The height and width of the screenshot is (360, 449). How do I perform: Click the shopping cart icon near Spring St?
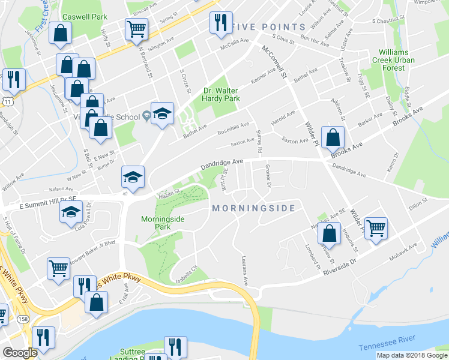coord(137,28)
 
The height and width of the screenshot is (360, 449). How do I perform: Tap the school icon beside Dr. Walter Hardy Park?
coord(162,114)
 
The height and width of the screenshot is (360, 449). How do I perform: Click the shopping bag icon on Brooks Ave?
coord(333,137)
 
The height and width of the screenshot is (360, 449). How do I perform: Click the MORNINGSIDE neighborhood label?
coord(253,208)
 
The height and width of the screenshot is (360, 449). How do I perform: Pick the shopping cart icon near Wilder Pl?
coord(376,228)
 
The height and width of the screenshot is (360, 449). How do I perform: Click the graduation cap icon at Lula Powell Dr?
coord(71,212)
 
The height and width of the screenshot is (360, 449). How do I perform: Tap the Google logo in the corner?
coord(20,353)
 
